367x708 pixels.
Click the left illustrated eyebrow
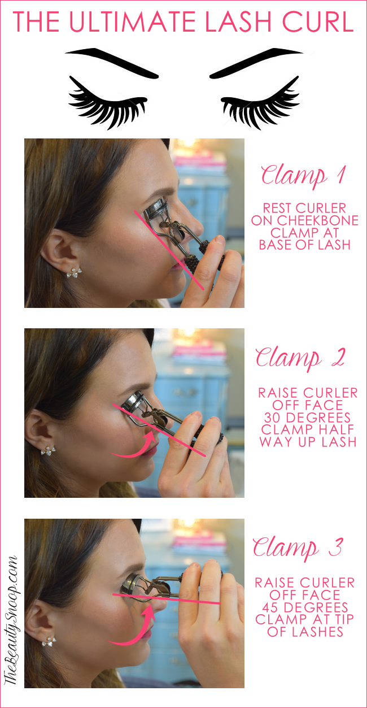[x=111, y=63]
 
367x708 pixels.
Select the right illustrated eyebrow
[x=256, y=63]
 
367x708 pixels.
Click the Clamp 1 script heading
[x=303, y=176]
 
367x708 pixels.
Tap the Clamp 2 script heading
[x=300, y=359]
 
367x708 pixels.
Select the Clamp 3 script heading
[x=298, y=548]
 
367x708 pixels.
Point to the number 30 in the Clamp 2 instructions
[x=272, y=418]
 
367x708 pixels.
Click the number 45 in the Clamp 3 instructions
[x=270, y=607]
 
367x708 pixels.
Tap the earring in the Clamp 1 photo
[x=74, y=272]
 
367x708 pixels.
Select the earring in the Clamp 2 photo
[x=48, y=450]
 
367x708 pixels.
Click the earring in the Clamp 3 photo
[x=49, y=641]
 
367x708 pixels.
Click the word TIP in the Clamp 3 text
[x=342, y=619]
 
